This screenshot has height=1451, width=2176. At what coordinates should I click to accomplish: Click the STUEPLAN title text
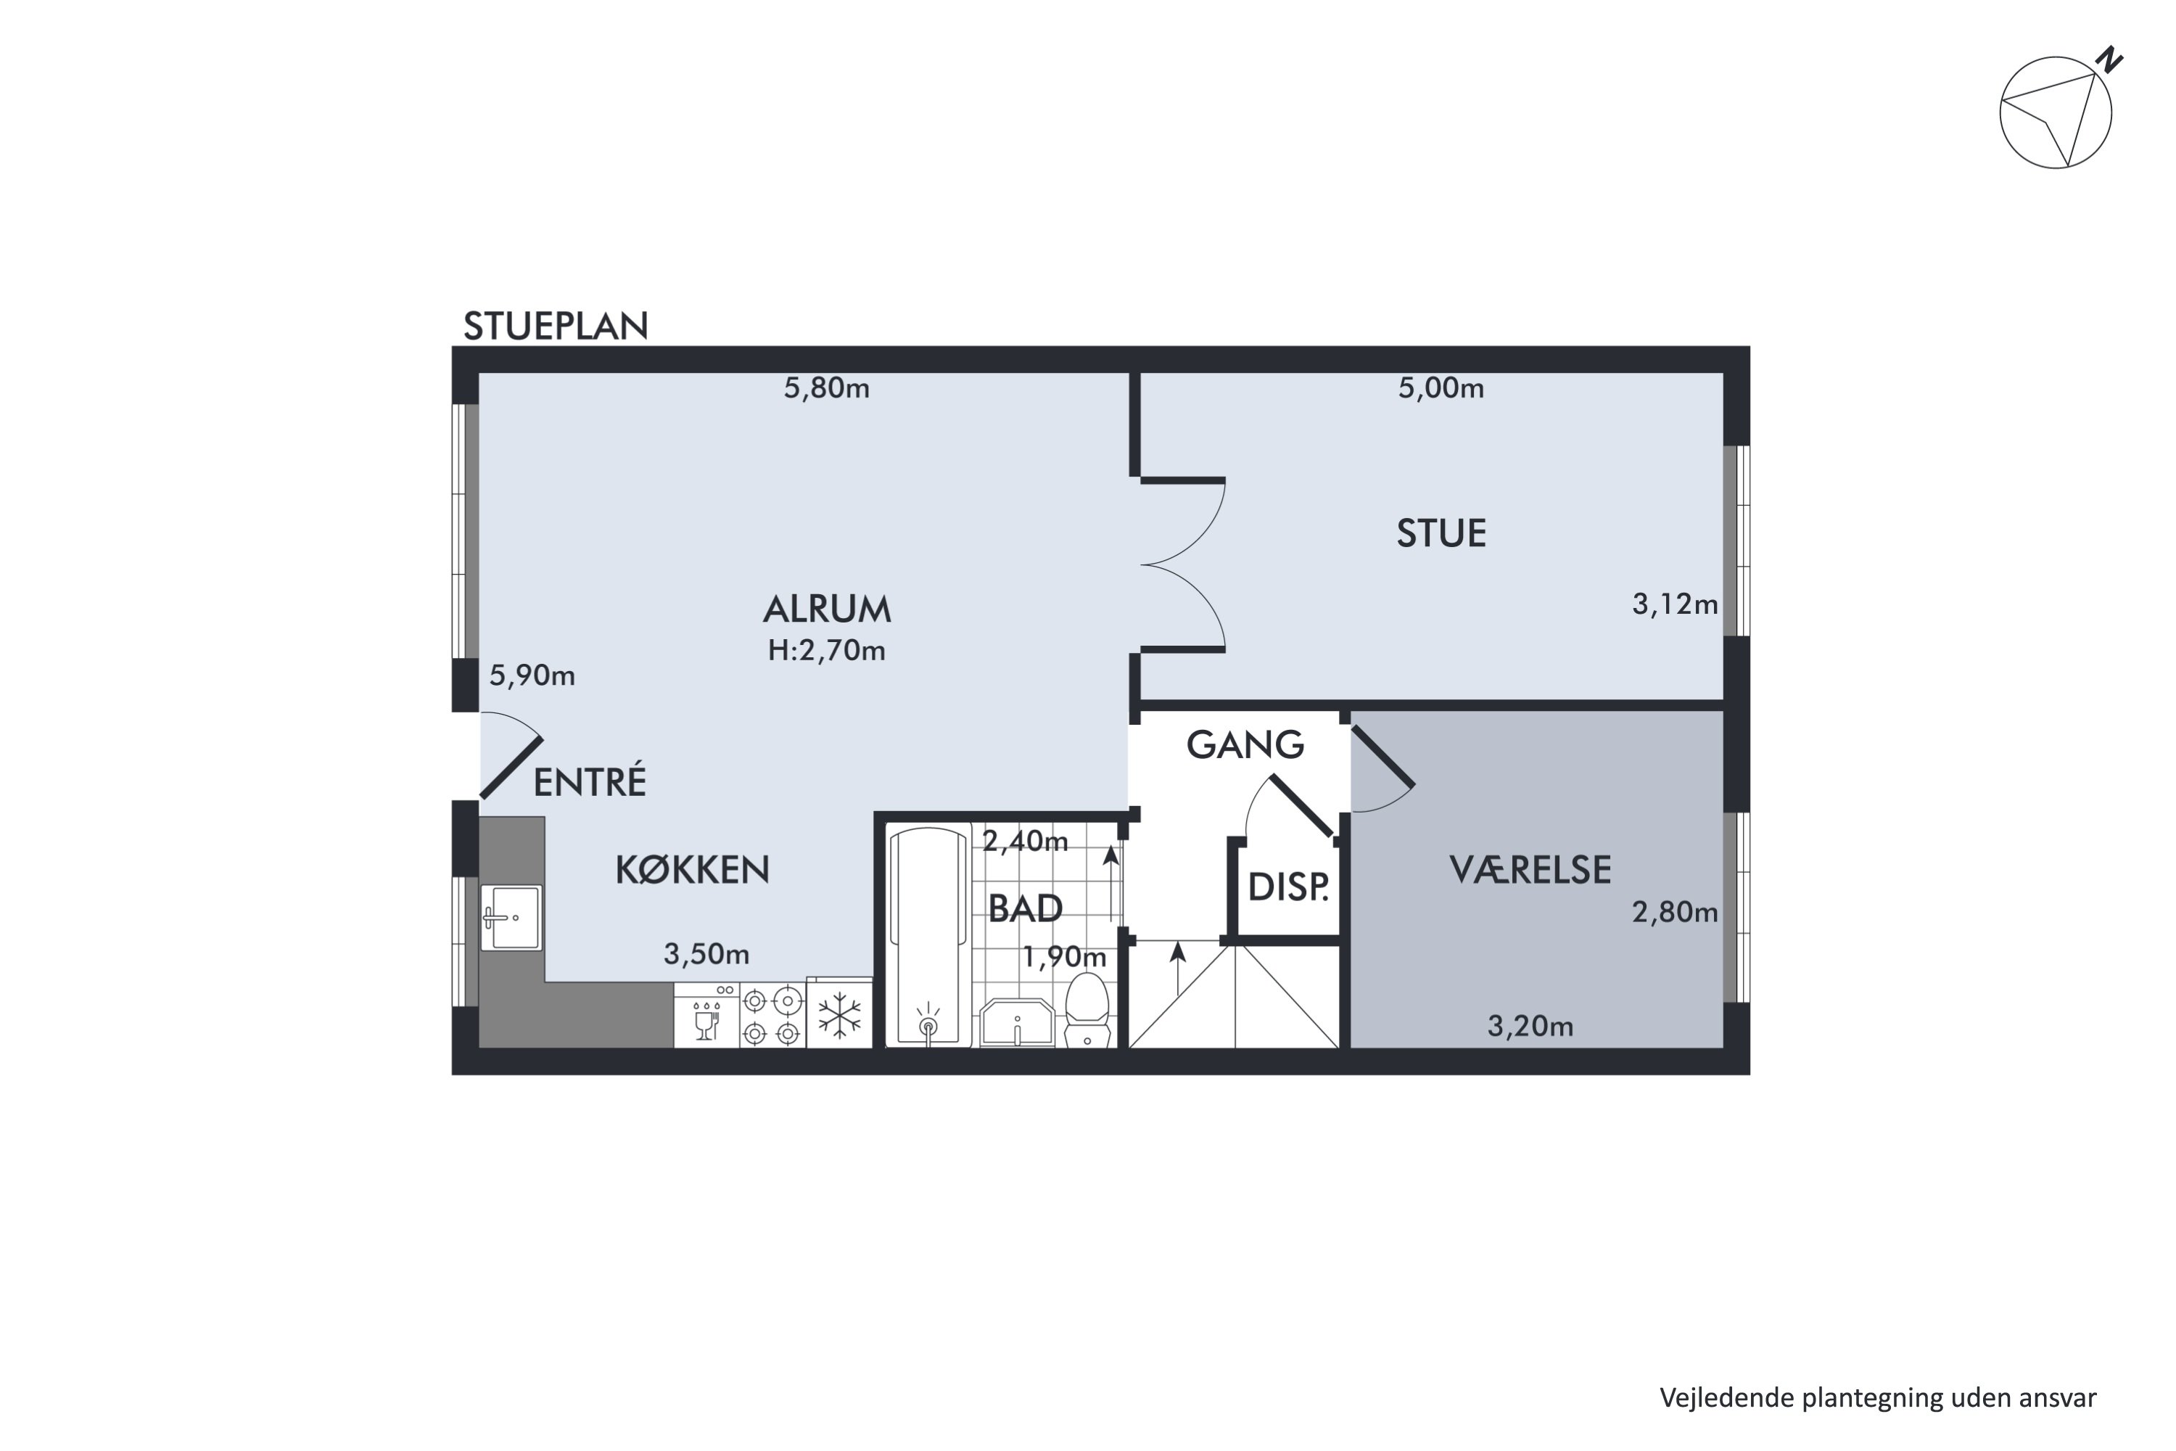pos(555,326)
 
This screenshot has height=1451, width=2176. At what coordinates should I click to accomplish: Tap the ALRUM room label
pos(826,609)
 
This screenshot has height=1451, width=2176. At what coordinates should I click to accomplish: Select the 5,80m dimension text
pos(826,387)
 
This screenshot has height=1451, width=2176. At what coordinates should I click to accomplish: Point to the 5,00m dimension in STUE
pos(1441,387)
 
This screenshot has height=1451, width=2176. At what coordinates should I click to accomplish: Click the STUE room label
pos(1441,533)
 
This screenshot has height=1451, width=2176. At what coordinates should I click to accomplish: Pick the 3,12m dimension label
pos(1675,604)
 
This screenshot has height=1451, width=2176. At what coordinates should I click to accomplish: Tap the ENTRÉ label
pos(589,782)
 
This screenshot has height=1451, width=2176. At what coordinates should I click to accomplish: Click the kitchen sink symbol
pos(511,917)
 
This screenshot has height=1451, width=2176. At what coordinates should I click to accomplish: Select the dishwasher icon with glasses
pos(706,1015)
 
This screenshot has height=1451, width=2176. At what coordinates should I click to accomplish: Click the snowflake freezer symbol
pos(839,1014)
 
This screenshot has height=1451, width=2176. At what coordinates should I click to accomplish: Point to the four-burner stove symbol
pos(772,1015)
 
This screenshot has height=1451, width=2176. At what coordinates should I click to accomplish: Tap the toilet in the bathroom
pos(1087,1011)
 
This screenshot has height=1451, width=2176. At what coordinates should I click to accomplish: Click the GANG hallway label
pos(1245,744)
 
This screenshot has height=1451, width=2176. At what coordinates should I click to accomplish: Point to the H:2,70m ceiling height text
pos(826,651)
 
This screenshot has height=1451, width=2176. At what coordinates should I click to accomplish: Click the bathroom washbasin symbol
pos(1017,1022)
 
